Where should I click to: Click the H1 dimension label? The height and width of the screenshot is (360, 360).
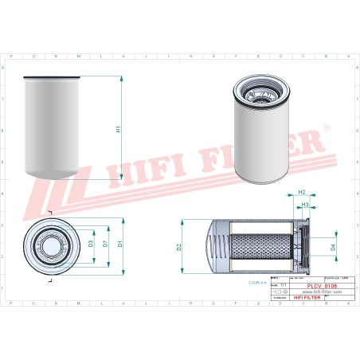pyautogui.click(x=118, y=128)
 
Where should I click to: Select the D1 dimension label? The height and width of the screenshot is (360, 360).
pyautogui.click(x=120, y=243)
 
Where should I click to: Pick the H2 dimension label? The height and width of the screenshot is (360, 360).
pyautogui.click(x=301, y=193)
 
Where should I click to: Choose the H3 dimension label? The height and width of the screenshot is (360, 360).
pyautogui.click(x=305, y=205)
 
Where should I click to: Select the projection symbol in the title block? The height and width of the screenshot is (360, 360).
pyautogui.click(x=278, y=292)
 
